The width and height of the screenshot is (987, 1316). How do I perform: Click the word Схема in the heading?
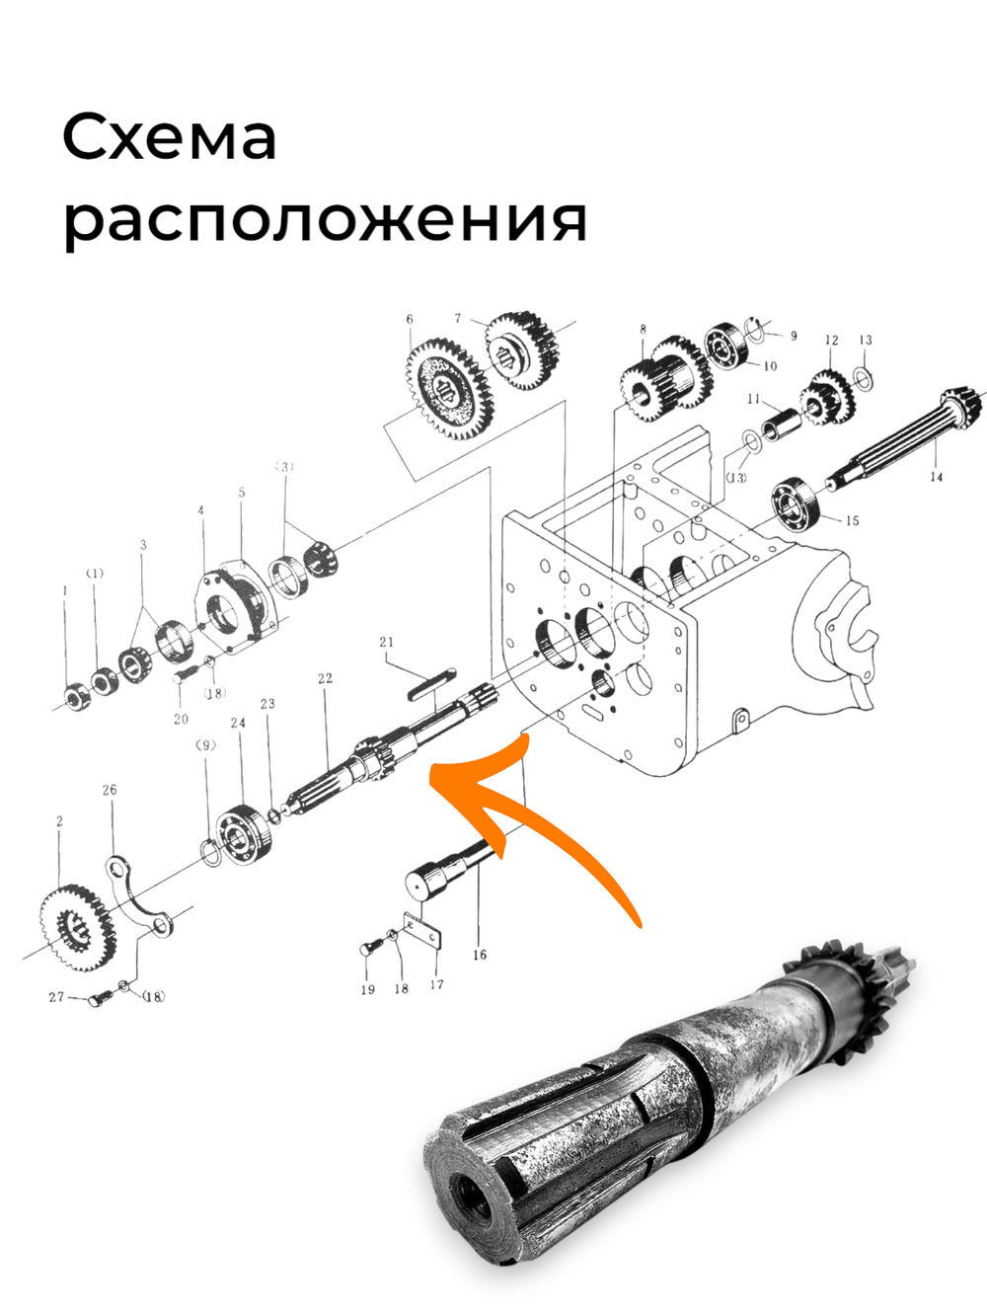170,138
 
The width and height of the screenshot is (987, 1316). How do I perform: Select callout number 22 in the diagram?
325,678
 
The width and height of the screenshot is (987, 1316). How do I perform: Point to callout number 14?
936,477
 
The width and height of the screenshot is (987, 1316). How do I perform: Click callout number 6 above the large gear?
410,319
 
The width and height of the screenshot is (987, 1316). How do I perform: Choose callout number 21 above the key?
387,642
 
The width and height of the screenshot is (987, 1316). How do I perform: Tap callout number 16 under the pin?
480,954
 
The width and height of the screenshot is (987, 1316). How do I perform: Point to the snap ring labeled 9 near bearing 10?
757,329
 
